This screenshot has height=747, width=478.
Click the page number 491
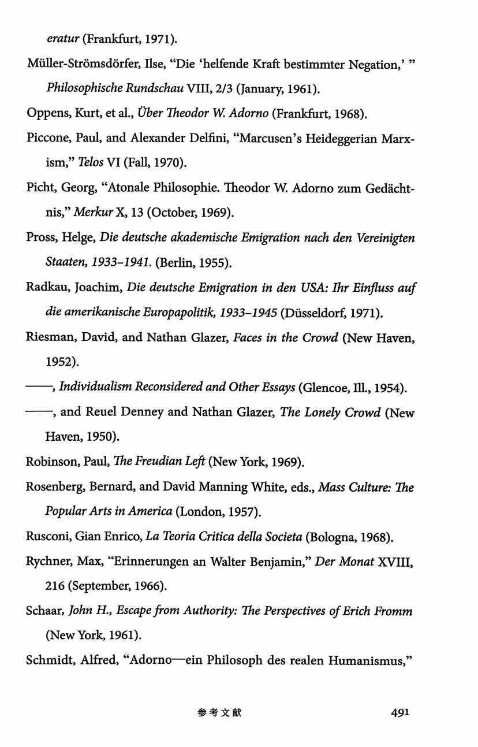click(x=399, y=712)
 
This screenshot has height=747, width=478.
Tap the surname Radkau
click(x=46, y=288)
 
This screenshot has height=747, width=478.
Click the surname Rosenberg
click(x=55, y=488)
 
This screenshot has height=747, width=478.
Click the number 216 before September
click(x=55, y=586)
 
